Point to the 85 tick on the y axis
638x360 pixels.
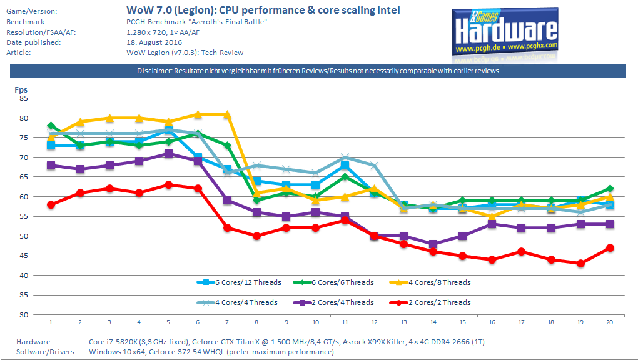(x=24, y=98)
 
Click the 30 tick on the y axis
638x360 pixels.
(x=24, y=315)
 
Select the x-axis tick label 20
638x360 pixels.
(x=609, y=322)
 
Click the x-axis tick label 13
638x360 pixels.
(x=404, y=322)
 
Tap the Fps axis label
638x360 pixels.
(x=21, y=89)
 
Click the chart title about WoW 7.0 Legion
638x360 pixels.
(x=263, y=10)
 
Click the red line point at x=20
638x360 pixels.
(x=610, y=248)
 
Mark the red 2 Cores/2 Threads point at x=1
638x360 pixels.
(x=51, y=204)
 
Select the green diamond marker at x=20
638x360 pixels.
(x=610, y=189)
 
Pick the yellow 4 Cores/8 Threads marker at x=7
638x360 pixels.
(x=228, y=114)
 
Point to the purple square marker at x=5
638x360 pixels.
(x=168, y=153)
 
